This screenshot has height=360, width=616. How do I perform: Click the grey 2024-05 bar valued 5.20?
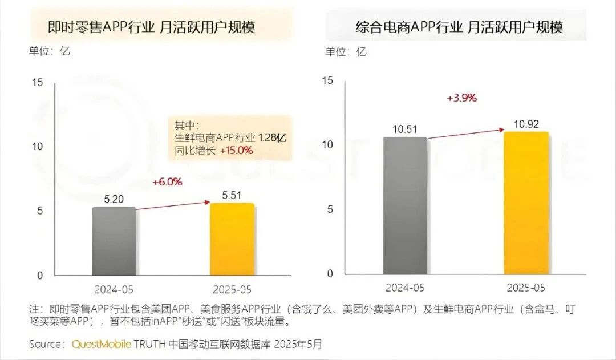[x=114, y=241]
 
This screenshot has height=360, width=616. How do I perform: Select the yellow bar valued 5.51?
[x=232, y=239]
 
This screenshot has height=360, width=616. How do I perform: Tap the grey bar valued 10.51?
[x=405, y=205]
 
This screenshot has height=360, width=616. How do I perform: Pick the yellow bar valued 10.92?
[x=526, y=203]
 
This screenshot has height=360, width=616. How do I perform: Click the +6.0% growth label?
[x=167, y=182]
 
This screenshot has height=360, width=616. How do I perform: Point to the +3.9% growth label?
[x=462, y=98]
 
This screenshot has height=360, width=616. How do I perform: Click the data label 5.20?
[x=114, y=200]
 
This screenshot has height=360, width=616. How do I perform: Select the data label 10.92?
[x=526, y=123]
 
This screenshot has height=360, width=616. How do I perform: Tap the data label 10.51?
[x=406, y=129]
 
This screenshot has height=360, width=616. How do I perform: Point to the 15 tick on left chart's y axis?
[x=38, y=82]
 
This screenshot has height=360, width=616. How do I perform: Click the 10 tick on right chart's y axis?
[x=327, y=144]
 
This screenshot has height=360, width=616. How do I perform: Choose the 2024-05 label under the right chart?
[x=405, y=287]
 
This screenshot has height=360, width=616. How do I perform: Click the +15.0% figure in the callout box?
[x=236, y=151]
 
